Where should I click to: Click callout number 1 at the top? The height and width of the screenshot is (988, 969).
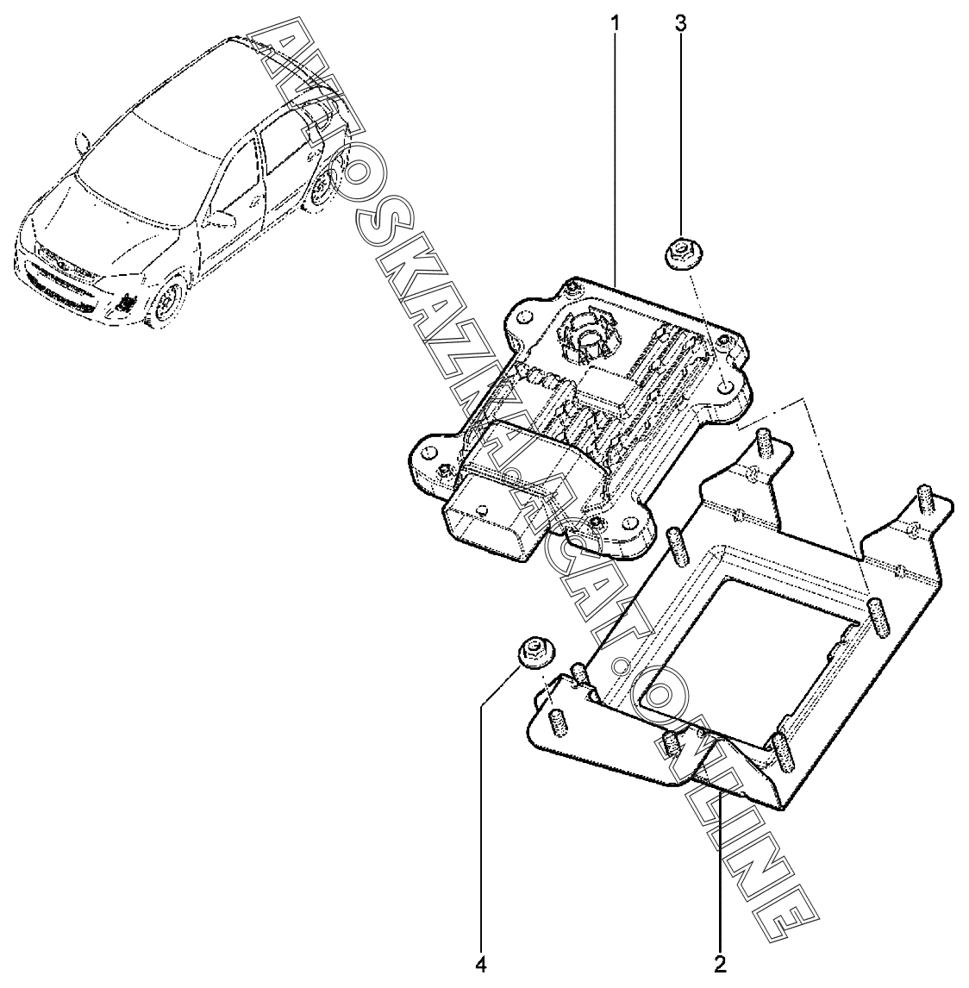coord(615,22)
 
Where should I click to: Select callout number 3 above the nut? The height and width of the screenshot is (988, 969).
coord(680,22)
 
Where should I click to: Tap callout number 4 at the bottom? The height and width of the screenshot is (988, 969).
coord(481,962)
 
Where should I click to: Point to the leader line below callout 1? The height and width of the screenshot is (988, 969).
coord(616,155)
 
